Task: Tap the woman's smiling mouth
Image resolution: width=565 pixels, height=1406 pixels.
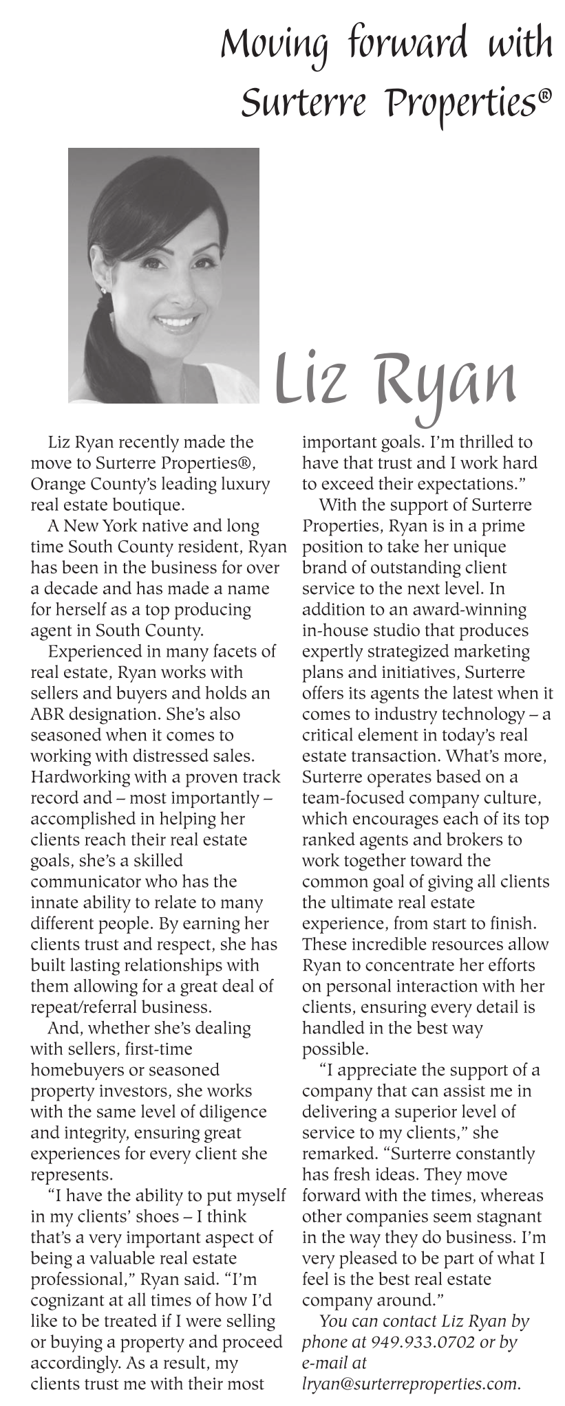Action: pyautogui.click(x=177, y=321)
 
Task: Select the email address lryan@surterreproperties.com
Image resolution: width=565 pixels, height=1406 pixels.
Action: pyautogui.click(x=411, y=1383)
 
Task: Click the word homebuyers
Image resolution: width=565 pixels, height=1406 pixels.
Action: pyautogui.click(x=75, y=1070)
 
